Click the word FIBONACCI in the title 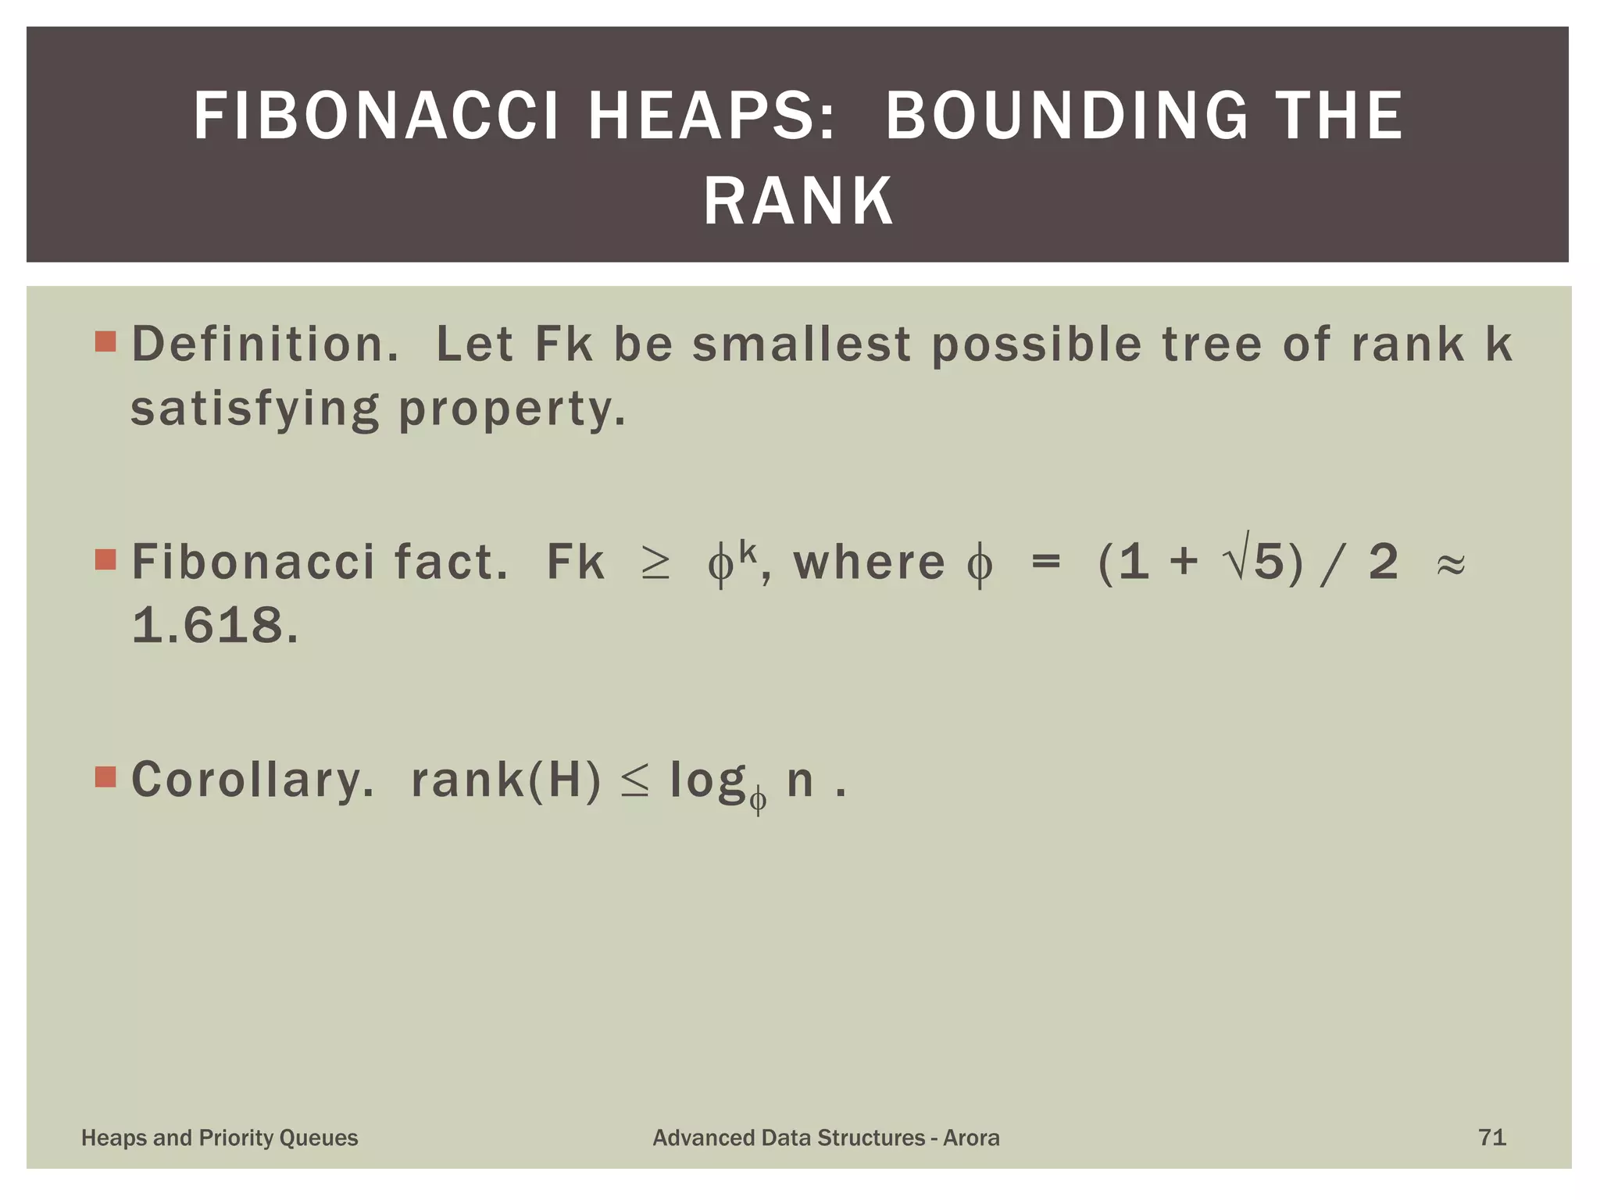[377, 116]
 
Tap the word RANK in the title [798, 202]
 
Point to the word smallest [802, 345]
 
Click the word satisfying [255, 409]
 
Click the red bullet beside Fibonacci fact [105, 559]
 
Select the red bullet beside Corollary [105, 777]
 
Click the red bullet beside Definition [105, 341]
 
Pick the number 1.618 [215, 627]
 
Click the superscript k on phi [748, 552]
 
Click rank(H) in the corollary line [506, 780]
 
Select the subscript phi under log [758, 802]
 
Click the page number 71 [1492, 1137]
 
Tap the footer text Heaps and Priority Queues [220, 1138]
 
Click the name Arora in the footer [971, 1138]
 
